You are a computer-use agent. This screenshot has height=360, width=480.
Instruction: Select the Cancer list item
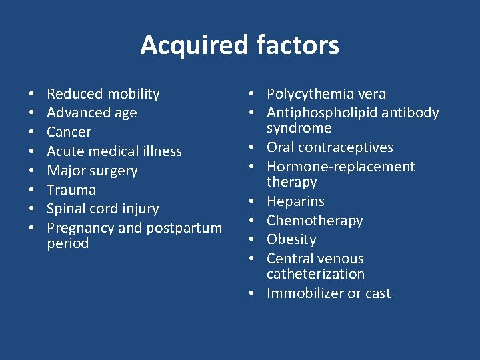69,132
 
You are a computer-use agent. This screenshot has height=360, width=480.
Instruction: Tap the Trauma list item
71,189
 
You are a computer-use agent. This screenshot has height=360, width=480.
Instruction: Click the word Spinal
67,209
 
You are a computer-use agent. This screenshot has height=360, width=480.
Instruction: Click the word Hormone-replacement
341,167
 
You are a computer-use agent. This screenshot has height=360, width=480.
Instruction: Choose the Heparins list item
295,201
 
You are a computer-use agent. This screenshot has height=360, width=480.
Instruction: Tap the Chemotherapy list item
315,221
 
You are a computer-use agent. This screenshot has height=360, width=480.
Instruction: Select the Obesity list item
291,239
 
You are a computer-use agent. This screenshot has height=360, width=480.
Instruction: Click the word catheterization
315,274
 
